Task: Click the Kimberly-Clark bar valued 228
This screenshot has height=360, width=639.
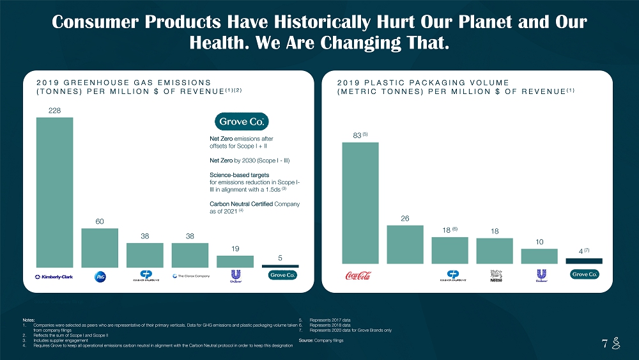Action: (54, 192)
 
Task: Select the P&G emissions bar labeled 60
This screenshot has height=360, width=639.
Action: (100, 247)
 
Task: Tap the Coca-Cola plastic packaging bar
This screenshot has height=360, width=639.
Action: (360, 202)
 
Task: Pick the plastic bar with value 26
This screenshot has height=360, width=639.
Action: (405, 244)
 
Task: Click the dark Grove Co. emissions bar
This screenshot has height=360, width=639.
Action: (280, 265)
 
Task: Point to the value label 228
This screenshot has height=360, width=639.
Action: (54, 111)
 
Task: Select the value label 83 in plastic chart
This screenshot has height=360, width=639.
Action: (358, 135)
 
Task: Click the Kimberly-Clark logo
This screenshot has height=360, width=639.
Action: (54, 276)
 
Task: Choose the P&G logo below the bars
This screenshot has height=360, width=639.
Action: (100, 276)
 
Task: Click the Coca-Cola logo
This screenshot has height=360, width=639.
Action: (358, 276)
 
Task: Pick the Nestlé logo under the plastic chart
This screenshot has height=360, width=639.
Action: (497, 276)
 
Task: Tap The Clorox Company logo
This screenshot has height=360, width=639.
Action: (191, 276)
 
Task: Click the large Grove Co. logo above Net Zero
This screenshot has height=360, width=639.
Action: (243, 121)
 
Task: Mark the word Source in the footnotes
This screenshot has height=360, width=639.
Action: (305, 340)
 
